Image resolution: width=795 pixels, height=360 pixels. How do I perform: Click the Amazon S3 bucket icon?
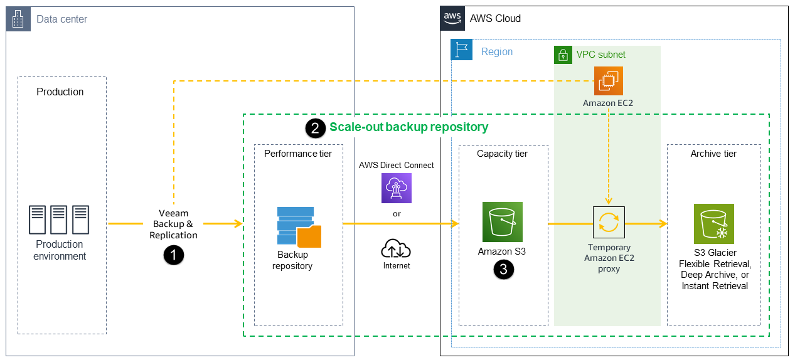click(502, 222)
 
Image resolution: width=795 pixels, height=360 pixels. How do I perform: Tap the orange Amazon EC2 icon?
click(609, 81)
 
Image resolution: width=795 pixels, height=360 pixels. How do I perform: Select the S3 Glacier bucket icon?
click(713, 224)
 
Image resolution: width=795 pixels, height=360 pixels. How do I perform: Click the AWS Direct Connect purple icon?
click(397, 188)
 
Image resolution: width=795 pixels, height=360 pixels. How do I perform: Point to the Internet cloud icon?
click(396, 250)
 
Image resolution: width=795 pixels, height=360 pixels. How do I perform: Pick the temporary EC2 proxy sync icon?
click(609, 222)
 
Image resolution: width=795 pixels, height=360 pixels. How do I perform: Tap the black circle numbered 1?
click(173, 255)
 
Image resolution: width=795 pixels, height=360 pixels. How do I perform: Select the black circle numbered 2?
click(315, 128)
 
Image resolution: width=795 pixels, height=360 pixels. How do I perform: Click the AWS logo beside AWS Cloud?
click(453, 18)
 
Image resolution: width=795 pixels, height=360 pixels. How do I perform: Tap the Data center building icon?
click(18, 19)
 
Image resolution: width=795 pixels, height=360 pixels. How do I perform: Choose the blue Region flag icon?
click(462, 50)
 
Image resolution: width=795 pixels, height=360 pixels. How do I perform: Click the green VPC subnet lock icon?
click(563, 55)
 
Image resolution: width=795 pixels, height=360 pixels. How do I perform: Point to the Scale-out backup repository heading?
click(408, 127)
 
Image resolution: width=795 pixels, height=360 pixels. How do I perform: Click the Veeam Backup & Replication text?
click(173, 224)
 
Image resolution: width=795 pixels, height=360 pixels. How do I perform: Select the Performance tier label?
click(298, 153)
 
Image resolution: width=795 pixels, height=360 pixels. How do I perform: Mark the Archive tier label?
click(713, 154)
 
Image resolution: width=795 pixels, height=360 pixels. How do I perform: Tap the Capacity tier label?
click(502, 154)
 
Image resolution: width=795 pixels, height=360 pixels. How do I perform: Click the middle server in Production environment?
click(60, 220)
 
